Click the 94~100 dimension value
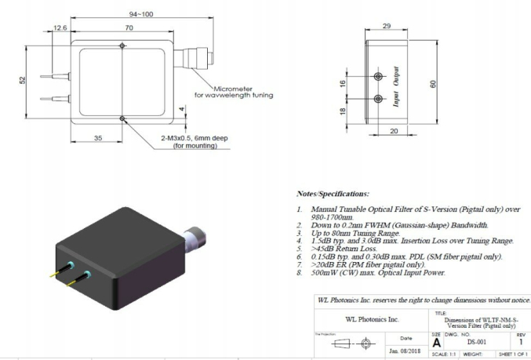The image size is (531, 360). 141,14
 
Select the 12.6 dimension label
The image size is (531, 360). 60,27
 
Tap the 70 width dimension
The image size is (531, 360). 129,27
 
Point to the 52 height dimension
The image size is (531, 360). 22,80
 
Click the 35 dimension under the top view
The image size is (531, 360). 98,138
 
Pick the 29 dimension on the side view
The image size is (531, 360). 387,26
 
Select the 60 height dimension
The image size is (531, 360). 433,84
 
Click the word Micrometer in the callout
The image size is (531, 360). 233,89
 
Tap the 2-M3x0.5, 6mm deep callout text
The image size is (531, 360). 194,138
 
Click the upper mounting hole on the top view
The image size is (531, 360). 122,45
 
